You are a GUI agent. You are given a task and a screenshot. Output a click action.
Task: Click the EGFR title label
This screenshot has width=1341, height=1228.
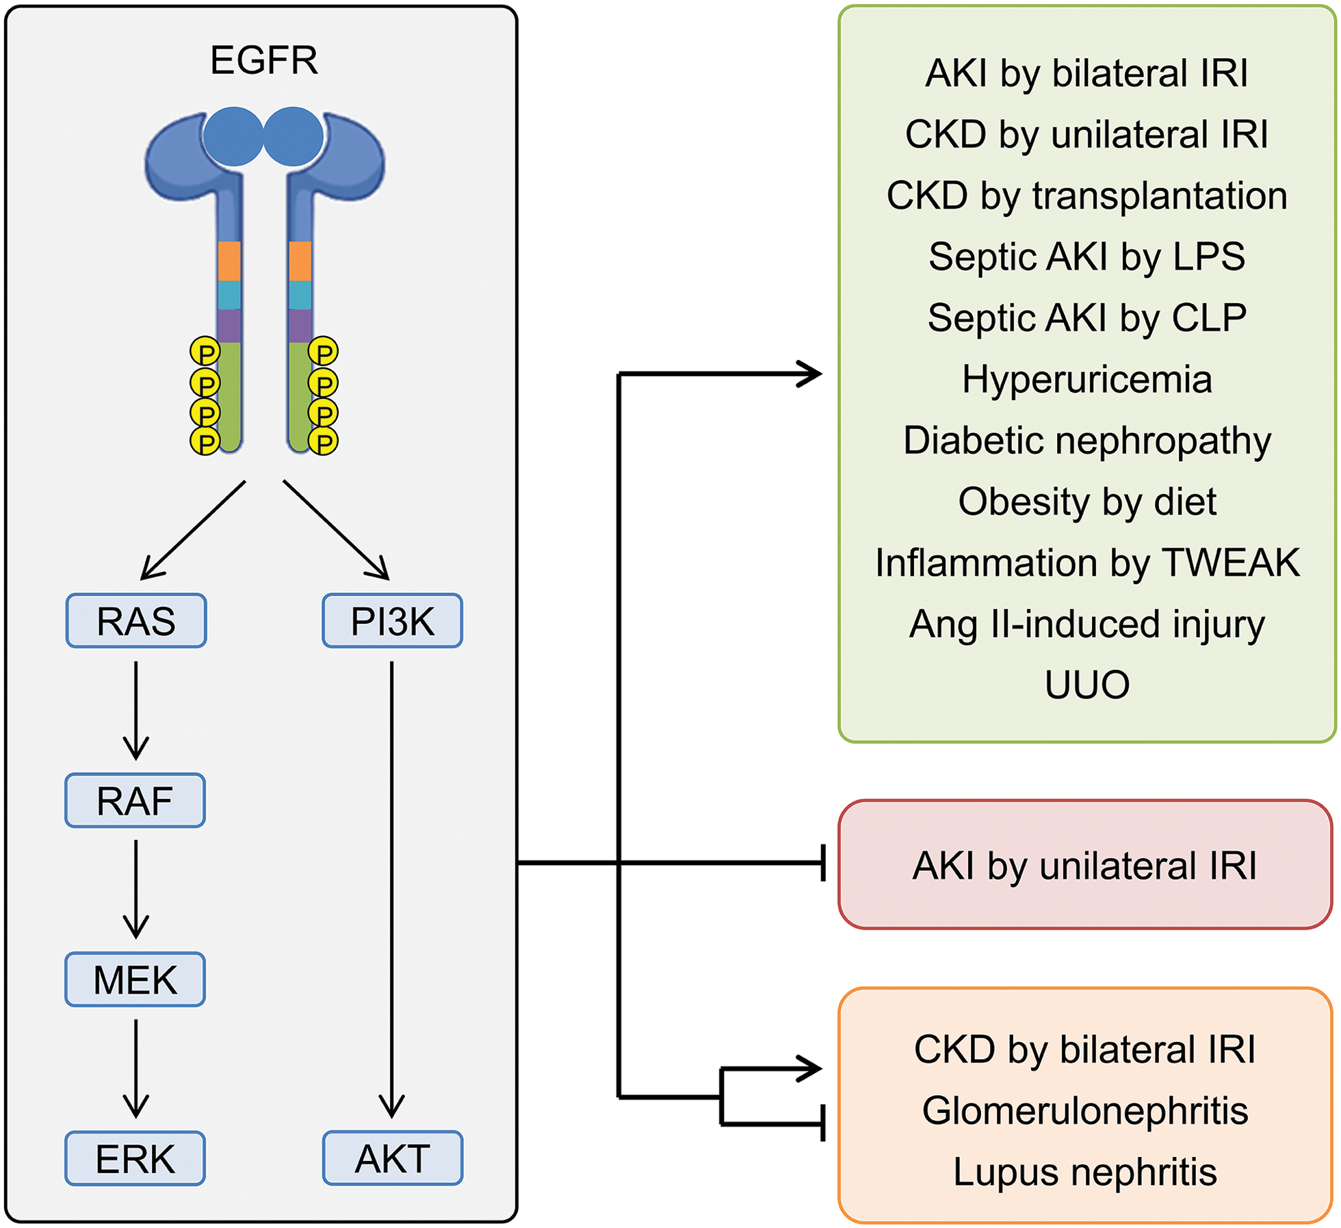[263, 60]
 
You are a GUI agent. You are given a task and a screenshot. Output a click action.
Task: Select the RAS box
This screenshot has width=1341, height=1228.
[136, 620]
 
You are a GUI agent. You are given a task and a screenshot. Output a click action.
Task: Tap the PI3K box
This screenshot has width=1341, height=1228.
[392, 620]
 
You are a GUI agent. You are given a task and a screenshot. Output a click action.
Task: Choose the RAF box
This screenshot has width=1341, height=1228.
[135, 800]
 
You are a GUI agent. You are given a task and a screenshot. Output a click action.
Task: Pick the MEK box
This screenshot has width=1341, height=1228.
[135, 979]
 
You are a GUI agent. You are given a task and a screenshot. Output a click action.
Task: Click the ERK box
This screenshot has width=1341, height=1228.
[135, 1158]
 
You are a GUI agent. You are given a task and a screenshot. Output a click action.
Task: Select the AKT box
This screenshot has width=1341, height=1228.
[392, 1158]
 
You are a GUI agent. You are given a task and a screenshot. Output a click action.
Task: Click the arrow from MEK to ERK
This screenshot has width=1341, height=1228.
[135, 1067]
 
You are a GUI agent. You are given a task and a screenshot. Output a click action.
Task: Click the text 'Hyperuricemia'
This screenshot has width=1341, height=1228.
[1086, 379]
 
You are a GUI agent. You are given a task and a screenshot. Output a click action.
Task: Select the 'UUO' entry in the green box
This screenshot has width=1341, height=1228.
[1086, 684]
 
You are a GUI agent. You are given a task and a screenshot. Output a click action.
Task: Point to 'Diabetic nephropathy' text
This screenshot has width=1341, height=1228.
[1086, 440]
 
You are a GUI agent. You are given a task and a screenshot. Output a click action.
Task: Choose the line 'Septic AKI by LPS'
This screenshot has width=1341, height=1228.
[1086, 257]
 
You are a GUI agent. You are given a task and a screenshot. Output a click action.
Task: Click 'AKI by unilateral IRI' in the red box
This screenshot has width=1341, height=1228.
[1084, 865]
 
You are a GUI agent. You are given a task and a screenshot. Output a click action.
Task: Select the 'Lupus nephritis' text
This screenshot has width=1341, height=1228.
[1084, 1171]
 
